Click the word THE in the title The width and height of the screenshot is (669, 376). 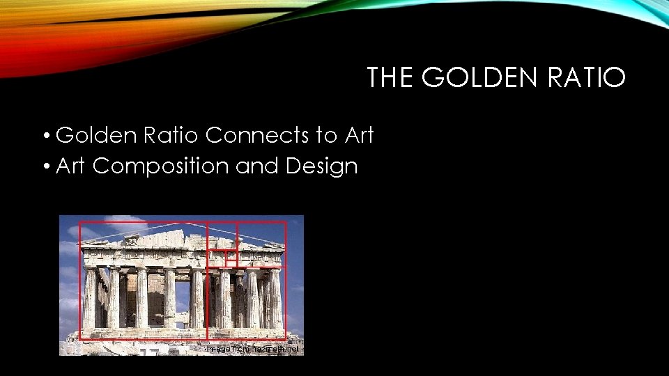click(391, 78)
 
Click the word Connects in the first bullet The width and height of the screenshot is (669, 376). click(258, 135)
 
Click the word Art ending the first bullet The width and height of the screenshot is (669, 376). click(360, 135)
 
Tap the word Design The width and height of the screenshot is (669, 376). click(325, 166)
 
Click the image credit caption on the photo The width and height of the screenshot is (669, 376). click(253, 349)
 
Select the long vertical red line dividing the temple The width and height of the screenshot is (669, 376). click(207, 292)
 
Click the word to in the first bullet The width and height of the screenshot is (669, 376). click(326, 135)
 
